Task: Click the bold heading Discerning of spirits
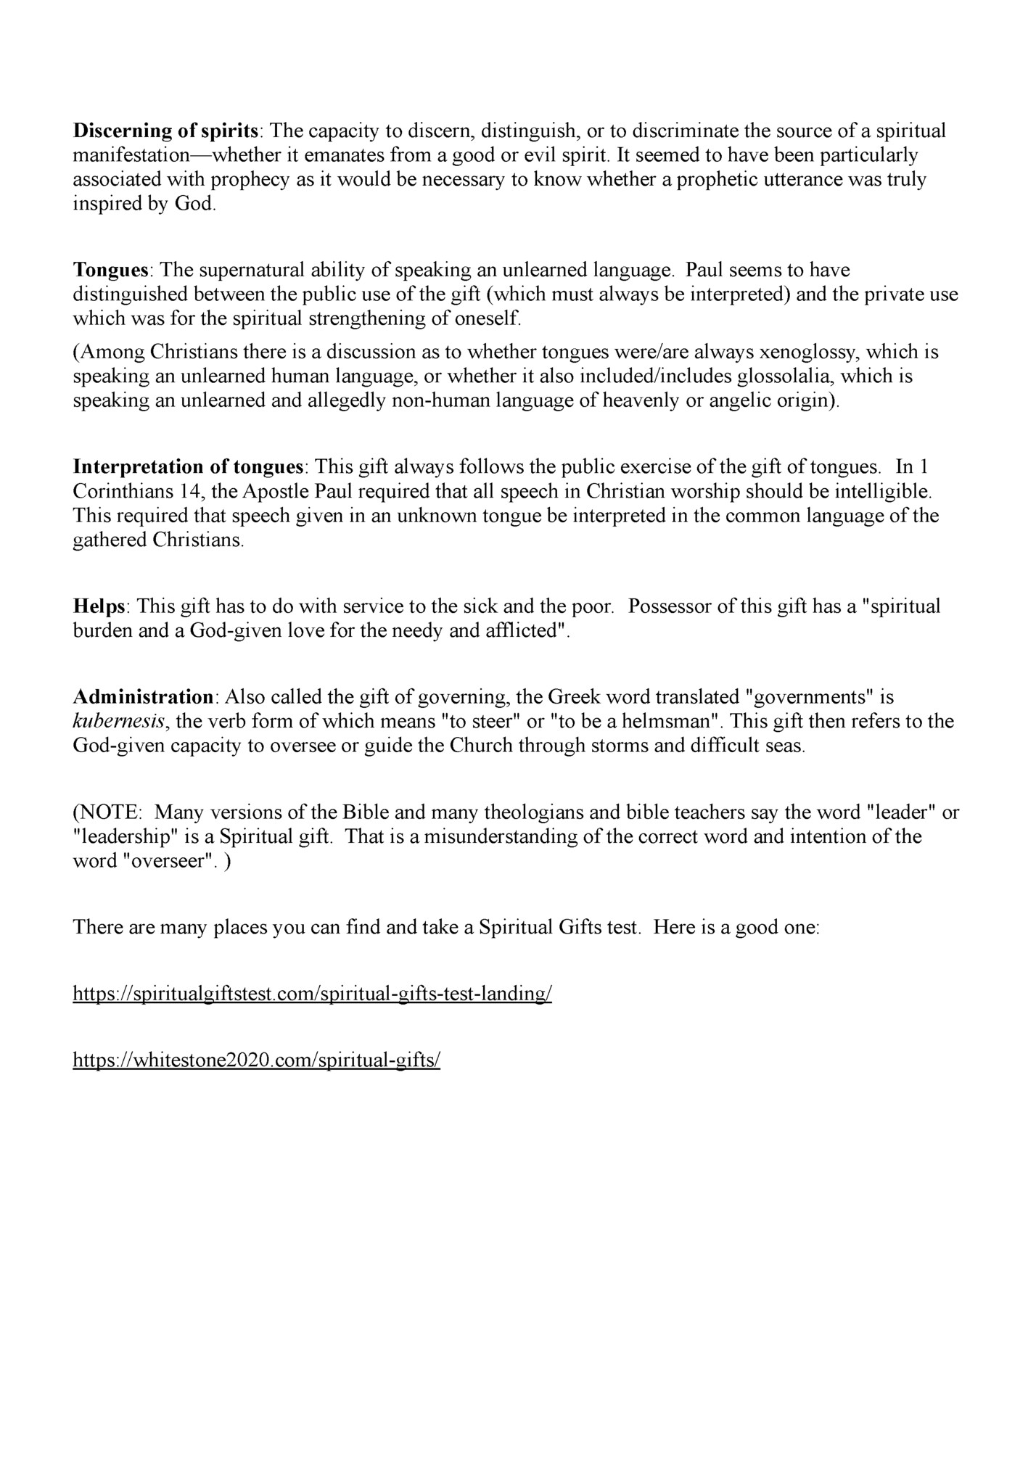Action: (x=166, y=131)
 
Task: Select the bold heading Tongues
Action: (x=110, y=271)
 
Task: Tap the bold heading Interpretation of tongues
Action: (x=188, y=466)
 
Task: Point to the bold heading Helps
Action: (x=99, y=606)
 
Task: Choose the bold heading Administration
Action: (x=142, y=697)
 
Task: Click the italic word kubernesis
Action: (x=118, y=722)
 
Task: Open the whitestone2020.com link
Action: (x=257, y=1060)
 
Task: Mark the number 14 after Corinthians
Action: (x=188, y=492)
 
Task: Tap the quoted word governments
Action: (x=810, y=697)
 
